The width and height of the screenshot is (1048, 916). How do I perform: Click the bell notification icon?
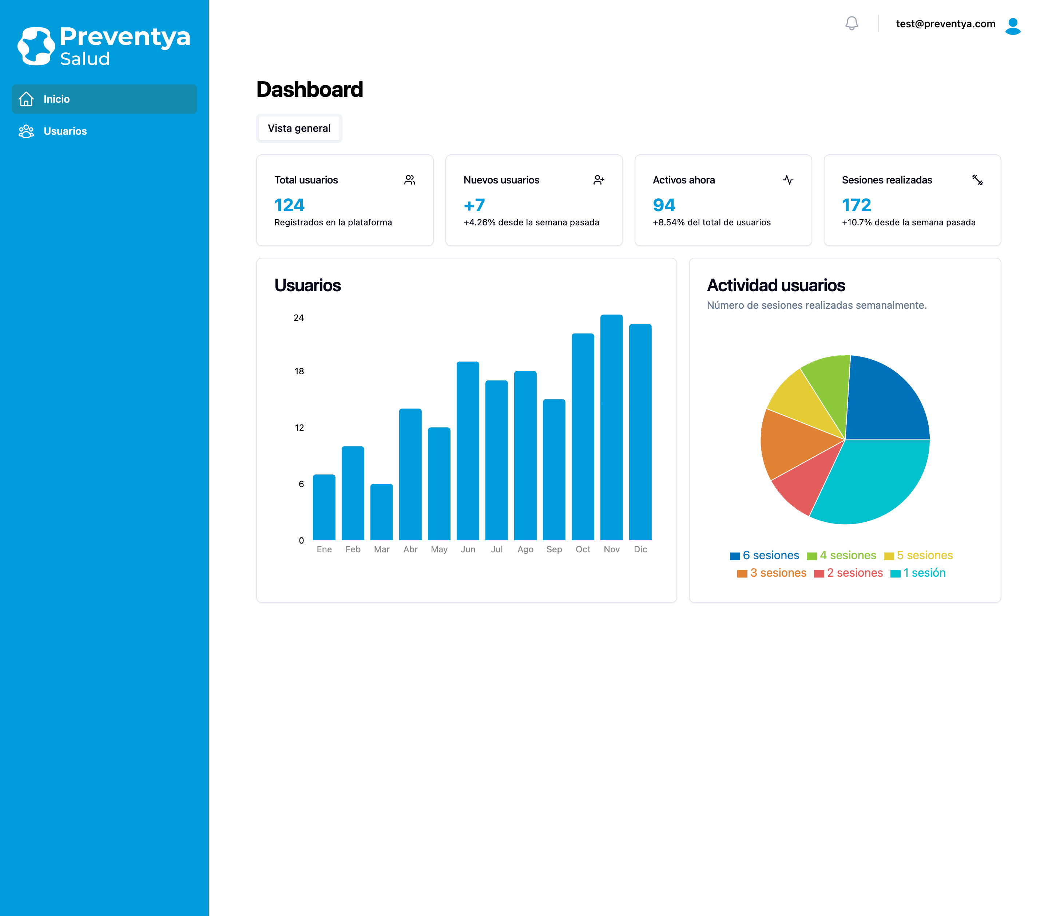[x=851, y=24]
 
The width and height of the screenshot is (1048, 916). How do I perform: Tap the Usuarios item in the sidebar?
[x=65, y=131]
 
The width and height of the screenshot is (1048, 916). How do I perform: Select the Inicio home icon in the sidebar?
[x=26, y=99]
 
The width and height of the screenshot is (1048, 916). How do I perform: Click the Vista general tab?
[x=299, y=128]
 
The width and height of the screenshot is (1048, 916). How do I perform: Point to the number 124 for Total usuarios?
[x=289, y=205]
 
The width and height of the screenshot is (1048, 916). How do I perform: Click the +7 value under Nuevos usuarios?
[x=474, y=205]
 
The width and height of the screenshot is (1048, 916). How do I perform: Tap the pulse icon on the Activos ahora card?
[x=788, y=180]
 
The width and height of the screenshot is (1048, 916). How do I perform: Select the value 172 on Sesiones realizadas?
[x=856, y=205]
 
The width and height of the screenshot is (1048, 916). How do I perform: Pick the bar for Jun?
[x=468, y=451]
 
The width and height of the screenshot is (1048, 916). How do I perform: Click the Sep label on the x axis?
[x=554, y=549]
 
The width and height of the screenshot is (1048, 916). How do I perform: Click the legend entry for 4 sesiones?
[x=842, y=556]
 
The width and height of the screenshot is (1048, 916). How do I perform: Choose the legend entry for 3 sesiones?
[x=772, y=573]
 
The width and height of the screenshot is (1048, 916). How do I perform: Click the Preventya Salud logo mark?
[x=36, y=46]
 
